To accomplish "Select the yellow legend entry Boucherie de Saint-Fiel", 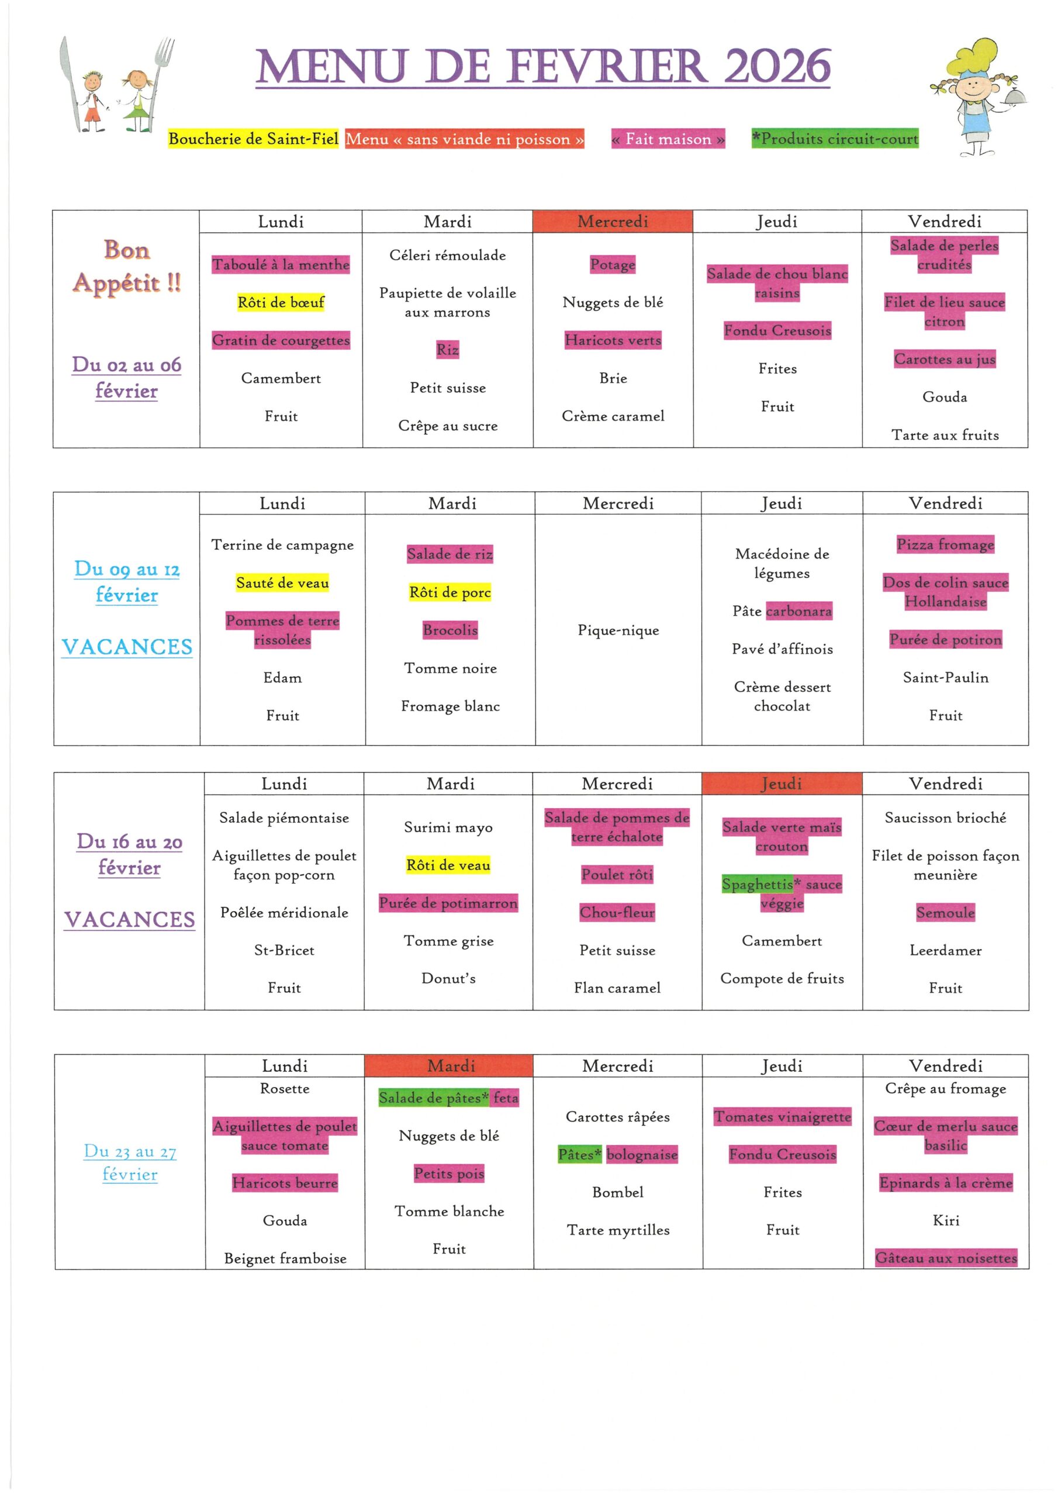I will (x=253, y=139).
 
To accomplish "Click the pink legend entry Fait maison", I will (x=668, y=139).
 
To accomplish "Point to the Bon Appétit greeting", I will (x=126, y=267).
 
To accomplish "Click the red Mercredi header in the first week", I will (x=612, y=222).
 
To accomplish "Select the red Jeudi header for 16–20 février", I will (x=781, y=784).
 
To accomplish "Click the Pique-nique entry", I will (x=618, y=630).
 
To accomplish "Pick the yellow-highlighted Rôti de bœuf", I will (x=281, y=302).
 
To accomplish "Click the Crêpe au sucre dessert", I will (x=448, y=426).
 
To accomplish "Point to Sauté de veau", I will (x=282, y=583).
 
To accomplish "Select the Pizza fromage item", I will (x=945, y=544).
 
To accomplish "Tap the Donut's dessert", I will (x=448, y=978).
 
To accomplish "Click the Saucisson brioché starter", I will (x=945, y=818).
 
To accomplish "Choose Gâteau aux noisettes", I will (x=945, y=1258).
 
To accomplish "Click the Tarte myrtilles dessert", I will (x=618, y=1230).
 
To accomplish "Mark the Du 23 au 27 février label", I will (x=130, y=1163).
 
